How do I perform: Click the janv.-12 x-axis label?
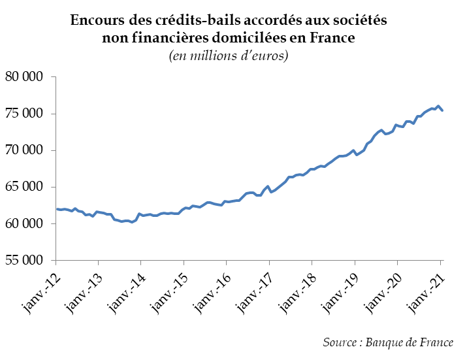40,289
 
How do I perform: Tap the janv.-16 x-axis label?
211,289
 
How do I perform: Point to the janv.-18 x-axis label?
297,289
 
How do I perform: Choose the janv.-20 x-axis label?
382,289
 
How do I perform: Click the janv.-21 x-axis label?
425,289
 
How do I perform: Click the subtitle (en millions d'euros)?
229,56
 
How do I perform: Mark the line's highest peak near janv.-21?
438,106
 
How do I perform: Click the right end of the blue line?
442,110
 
